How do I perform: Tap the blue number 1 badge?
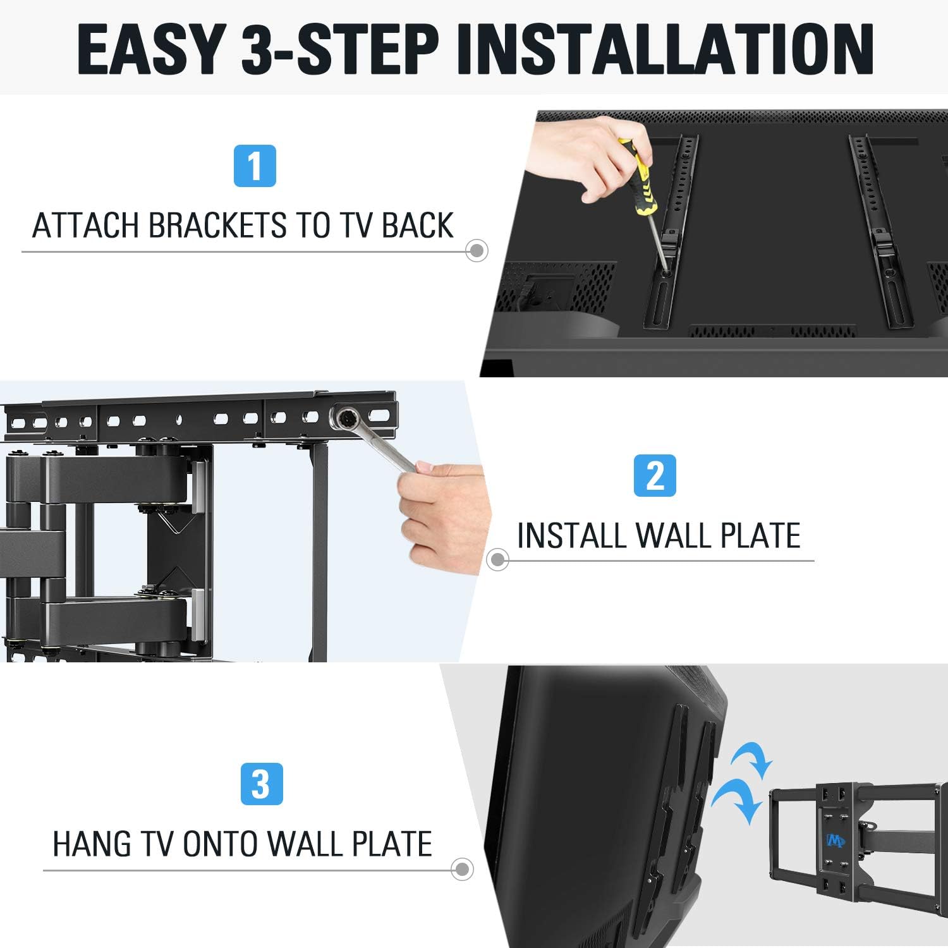[255, 166]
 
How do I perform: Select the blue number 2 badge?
[655, 475]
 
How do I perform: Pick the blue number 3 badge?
[262, 784]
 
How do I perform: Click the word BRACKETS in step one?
[217, 226]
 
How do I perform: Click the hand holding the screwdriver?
[585, 158]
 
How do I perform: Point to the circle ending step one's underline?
[477, 251]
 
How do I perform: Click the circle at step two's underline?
[497, 559]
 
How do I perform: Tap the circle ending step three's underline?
[462, 869]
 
